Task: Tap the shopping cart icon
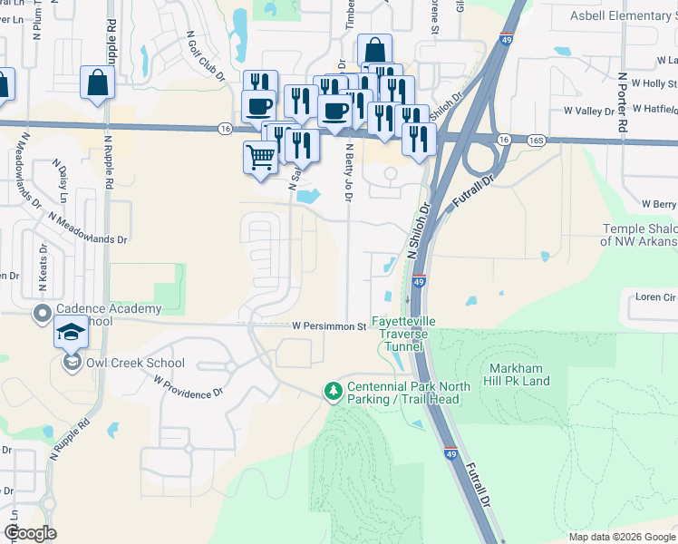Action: [x=261, y=158]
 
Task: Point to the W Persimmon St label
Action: [x=328, y=325]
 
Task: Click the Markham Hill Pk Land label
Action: [x=532, y=374]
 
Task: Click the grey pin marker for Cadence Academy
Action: [x=42, y=314]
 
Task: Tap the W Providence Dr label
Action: [x=189, y=388]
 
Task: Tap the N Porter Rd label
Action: [x=623, y=102]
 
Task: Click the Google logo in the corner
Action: [x=30, y=533]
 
